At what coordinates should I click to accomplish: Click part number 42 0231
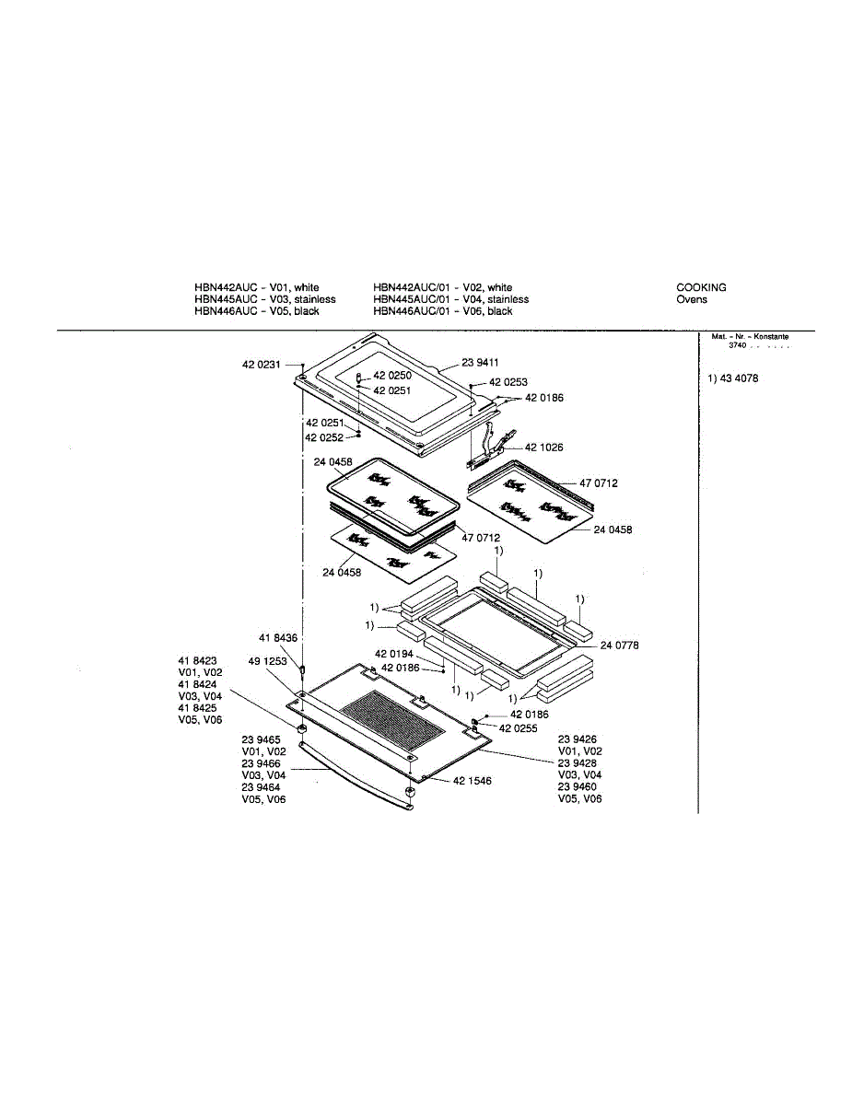coord(261,366)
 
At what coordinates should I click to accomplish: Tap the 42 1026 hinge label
coord(543,448)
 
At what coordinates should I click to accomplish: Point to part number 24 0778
coord(619,646)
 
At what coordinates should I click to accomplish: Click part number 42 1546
coord(472,781)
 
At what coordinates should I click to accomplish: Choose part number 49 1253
coord(267,661)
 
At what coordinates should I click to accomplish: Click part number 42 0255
coord(519,727)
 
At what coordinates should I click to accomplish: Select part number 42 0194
coord(393,654)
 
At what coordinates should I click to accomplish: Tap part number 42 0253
coord(508,381)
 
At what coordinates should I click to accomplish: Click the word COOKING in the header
coord(701,287)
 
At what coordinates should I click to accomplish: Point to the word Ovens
coord(692,299)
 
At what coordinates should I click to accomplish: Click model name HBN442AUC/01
coord(410,287)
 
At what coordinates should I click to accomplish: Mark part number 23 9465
coord(262,739)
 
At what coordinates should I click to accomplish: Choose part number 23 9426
coord(578,739)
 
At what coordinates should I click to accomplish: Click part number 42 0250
coord(391,376)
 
